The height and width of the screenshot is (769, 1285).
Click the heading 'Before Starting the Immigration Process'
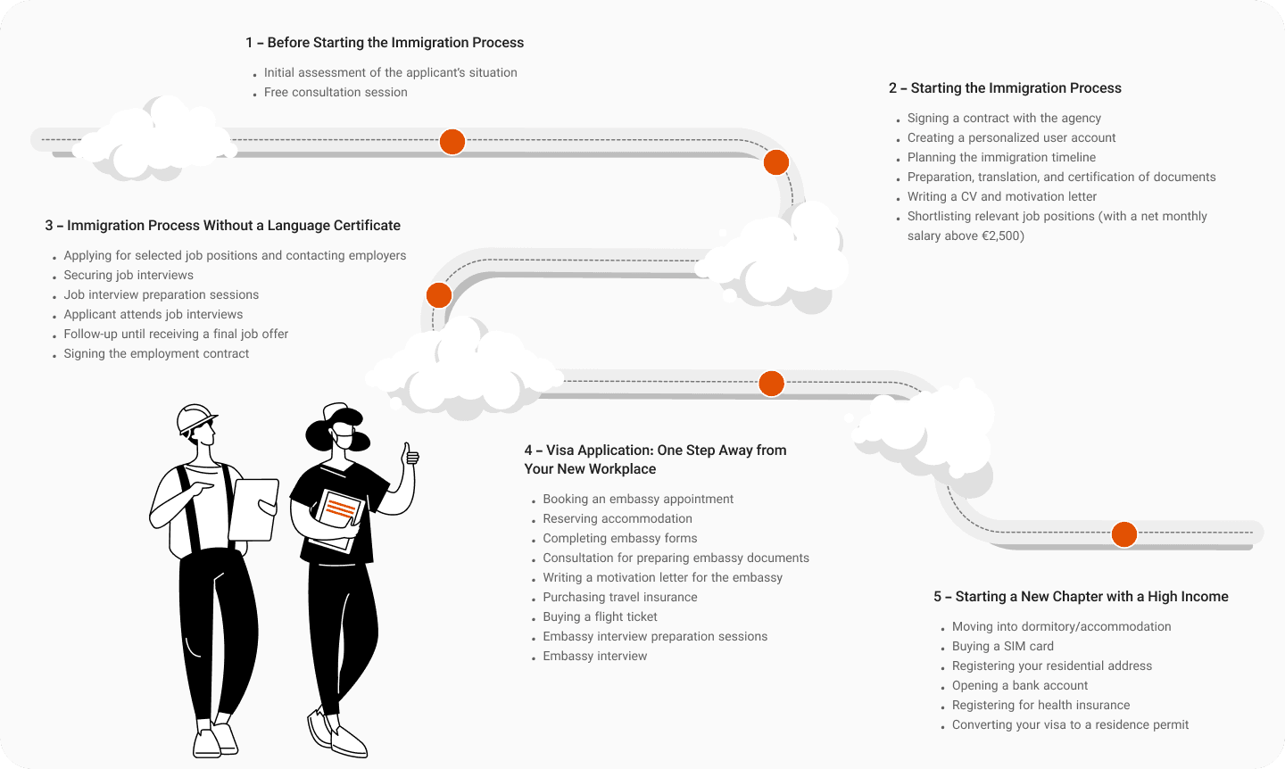pos(385,43)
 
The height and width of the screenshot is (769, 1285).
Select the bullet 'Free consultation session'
pos(336,93)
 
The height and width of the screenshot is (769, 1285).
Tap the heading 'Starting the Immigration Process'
pos(1005,88)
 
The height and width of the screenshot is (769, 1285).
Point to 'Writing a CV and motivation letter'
pos(1001,197)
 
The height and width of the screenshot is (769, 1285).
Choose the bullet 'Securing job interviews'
pos(128,276)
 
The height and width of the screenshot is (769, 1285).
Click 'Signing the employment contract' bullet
pos(156,354)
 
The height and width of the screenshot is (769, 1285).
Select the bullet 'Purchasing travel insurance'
pos(619,598)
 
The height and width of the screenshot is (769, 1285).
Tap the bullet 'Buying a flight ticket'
pos(600,617)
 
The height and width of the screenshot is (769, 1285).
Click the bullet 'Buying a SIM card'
pos(1002,647)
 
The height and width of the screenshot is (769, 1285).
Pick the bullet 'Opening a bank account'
pos(1019,686)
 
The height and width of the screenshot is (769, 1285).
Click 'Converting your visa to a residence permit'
pos(1070,725)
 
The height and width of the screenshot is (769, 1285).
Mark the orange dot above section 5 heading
pos(1123,534)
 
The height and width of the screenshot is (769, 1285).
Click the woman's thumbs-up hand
pos(410,456)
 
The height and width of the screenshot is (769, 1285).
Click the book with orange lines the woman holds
pos(340,512)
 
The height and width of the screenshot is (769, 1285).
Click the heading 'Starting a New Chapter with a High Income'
pos(1081,597)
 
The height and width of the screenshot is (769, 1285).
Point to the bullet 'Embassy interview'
pos(594,657)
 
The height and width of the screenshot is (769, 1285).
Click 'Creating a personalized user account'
pos(1011,138)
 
